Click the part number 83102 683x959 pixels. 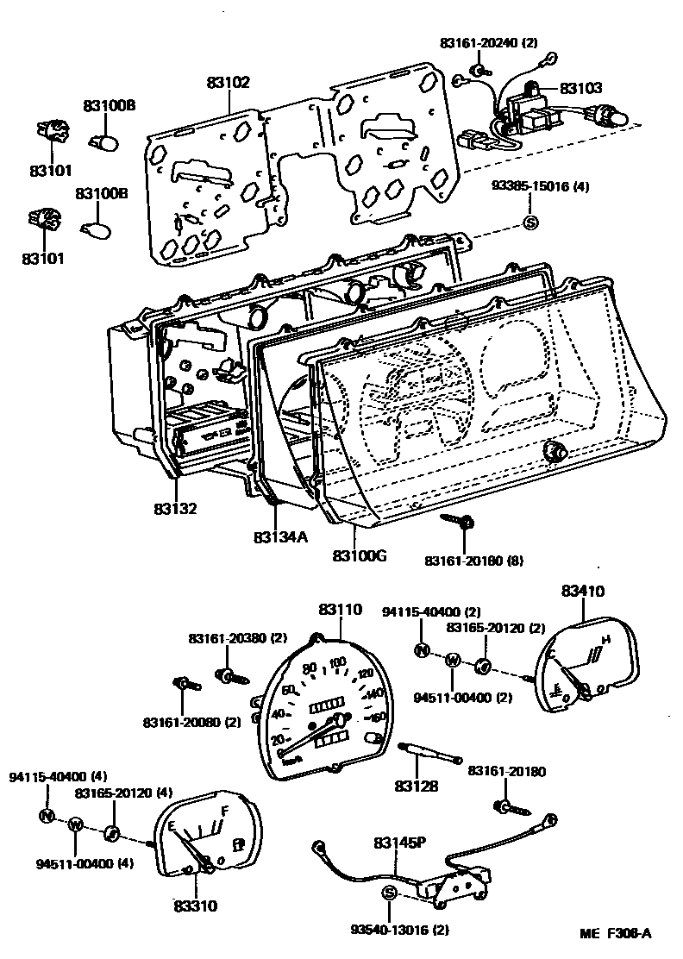tap(228, 83)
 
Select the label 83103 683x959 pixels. tap(581, 88)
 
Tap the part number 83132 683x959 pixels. tap(176, 509)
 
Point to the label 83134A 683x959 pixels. tap(280, 536)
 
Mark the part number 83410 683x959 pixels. tap(583, 592)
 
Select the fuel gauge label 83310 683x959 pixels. tap(195, 906)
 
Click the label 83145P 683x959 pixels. tap(400, 843)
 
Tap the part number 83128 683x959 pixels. tap(417, 787)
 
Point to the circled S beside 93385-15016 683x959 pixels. tap(530, 223)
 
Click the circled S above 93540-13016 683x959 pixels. tap(388, 893)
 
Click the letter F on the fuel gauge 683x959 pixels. tap(225, 812)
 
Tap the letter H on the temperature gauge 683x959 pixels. tap(606, 640)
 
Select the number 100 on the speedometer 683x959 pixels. tap(337, 663)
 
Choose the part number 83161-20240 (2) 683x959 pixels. tap(489, 43)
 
